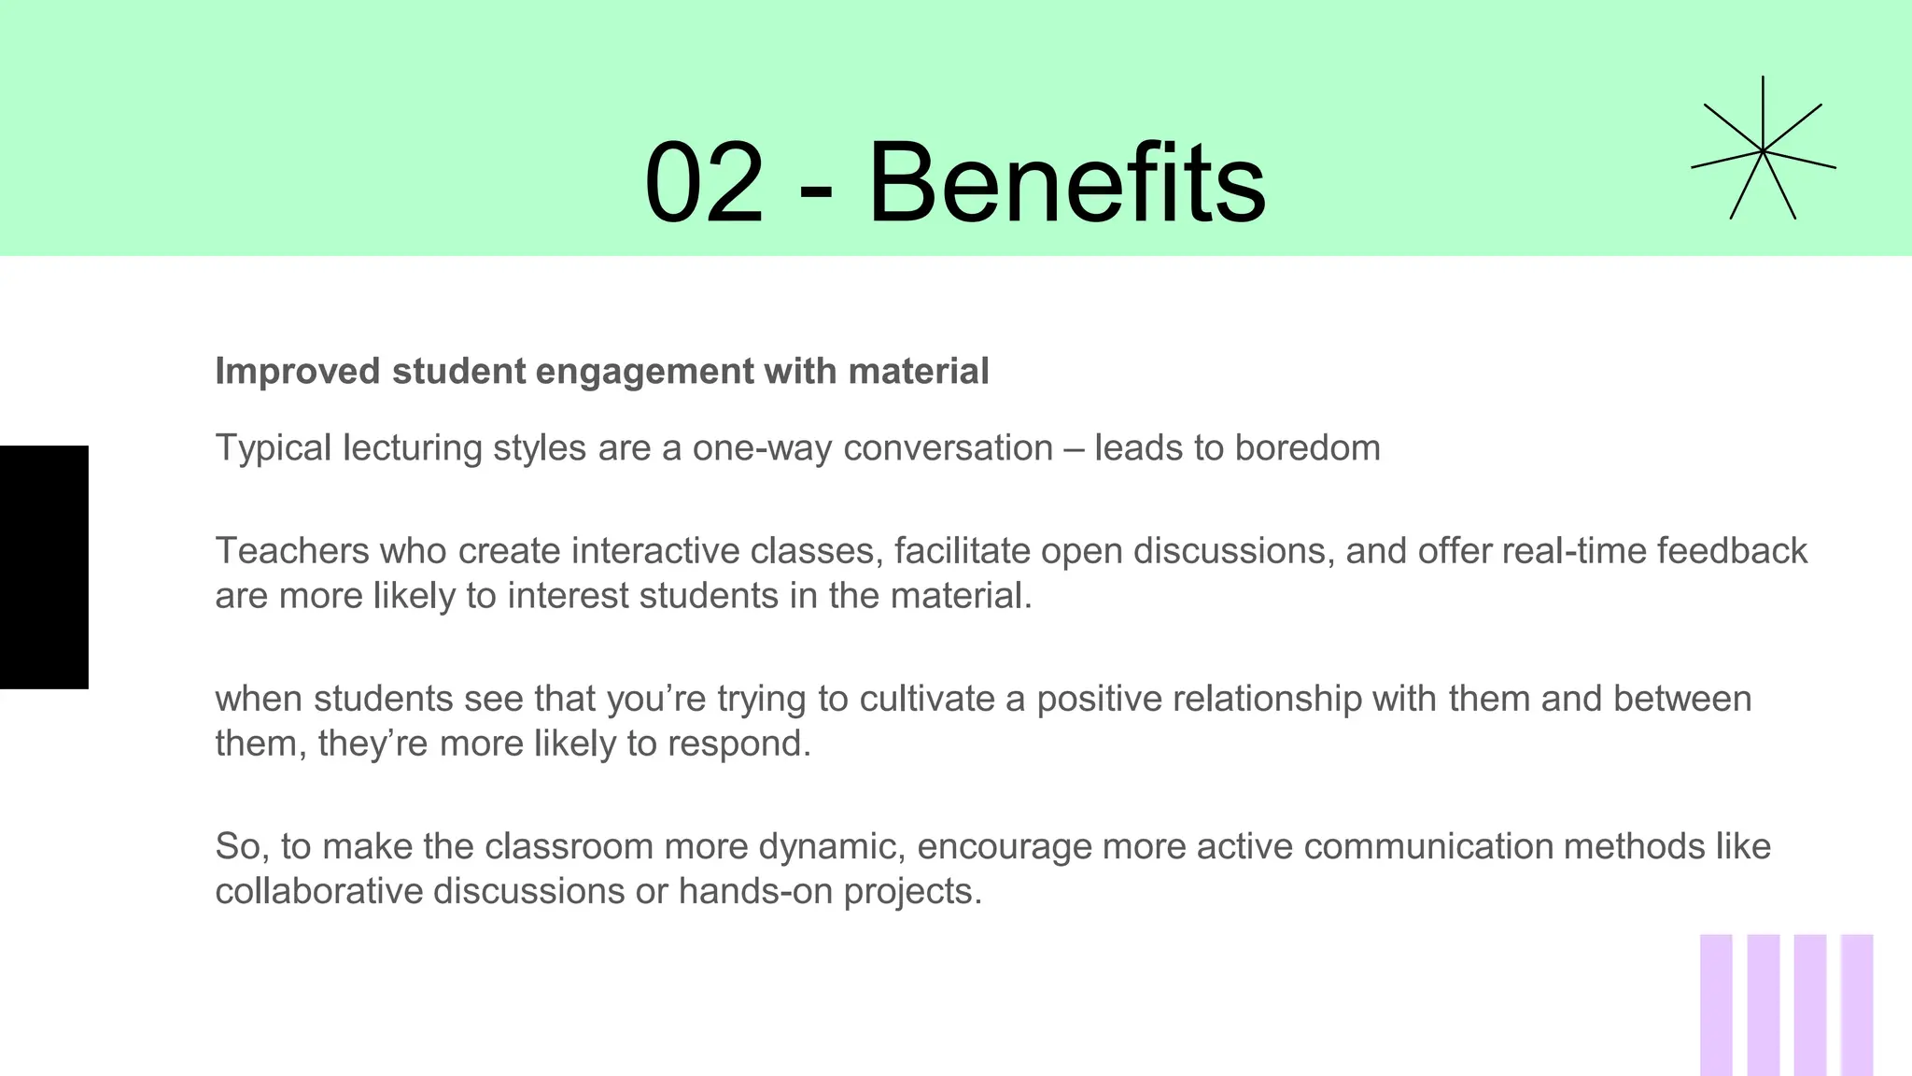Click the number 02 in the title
(705, 182)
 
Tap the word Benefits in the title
(1066, 182)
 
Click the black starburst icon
(1763, 150)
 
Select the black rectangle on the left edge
(44, 567)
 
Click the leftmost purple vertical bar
(1716, 1004)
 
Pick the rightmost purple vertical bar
(1857, 1004)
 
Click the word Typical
(274, 448)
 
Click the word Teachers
(292, 551)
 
